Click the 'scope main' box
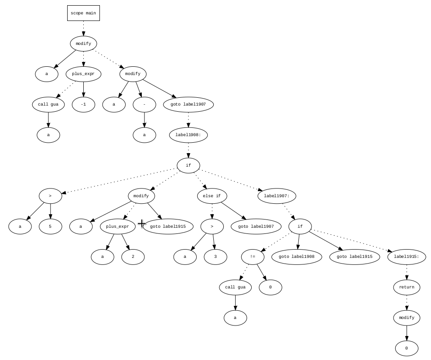click(x=83, y=13)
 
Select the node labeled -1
click(x=83, y=105)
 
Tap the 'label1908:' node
click(x=188, y=135)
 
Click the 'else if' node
click(x=212, y=196)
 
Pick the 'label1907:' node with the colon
click(x=277, y=196)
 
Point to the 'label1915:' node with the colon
click(x=407, y=257)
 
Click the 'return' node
click(x=407, y=288)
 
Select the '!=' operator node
click(x=253, y=257)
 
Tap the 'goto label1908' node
click(x=297, y=257)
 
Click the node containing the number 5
click(x=50, y=227)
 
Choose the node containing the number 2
click(x=133, y=257)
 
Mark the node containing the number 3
click(x=215, y=257)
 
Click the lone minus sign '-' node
click(x=144, y=105)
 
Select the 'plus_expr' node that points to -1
click(x=83, y=74)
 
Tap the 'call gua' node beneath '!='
click(x=235, y=288)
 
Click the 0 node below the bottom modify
click(x=407, y=349)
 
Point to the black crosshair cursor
click(x=142, y=224)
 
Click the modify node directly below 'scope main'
click(x=83, y=44)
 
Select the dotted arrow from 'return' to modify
click(x=407, y=302)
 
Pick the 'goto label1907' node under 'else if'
click(x=256, y=227)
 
